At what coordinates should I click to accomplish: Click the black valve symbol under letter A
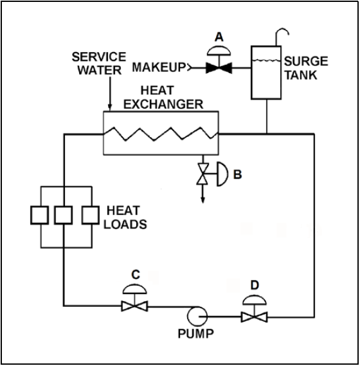pos(219,68)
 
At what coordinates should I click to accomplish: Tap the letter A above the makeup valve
pos(219,37)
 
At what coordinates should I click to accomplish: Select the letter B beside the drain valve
pos(237,175)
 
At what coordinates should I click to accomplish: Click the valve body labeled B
pos(203,174)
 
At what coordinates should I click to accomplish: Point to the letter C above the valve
pos(136,275)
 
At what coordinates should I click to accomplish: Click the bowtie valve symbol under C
pos(134,306)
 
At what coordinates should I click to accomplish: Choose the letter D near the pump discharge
pos(255,285)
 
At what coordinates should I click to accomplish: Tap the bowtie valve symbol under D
pos(255,317)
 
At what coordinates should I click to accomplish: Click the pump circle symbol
pos(197,317)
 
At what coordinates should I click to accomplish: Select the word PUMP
pos(196,333)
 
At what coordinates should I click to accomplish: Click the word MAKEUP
pos(159,67)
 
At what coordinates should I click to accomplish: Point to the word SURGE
pos(306,61)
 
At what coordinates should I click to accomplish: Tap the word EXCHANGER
pos(163,104)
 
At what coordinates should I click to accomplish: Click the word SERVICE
pos(99,57)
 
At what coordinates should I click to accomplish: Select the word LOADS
pos(125,224)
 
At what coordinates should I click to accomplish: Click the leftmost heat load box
pos(39,215)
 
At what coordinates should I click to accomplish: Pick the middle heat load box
pos(64,215)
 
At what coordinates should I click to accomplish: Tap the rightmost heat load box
pos(91,215)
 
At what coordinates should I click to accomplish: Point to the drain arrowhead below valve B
pos(203,200)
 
